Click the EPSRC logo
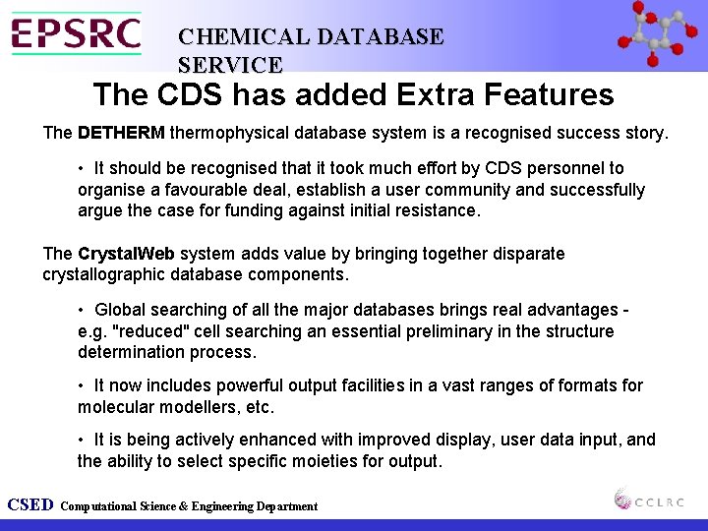tap(76, 33)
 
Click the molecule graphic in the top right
tap(658, 35)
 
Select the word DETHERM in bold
tap(121, 132)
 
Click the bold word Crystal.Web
tap(127, 254)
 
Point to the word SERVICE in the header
tap(230, 65)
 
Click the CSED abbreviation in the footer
tap(29, 505)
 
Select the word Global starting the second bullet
tap(122, 310)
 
